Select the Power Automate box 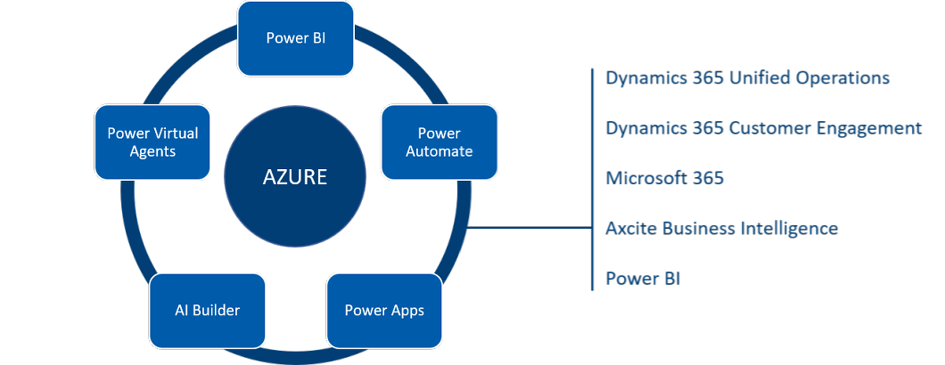(439, 142)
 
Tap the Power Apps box (384, 311)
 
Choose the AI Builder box (207, 311)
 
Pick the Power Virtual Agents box (152, 142)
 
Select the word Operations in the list (842, 77)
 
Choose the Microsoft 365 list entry (664, 178)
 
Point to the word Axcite (634, 228)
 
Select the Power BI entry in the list (644, 278)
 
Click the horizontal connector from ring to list (530, 227)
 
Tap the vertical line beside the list (592, 178)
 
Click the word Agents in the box (152, 151)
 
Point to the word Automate (439, 151)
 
